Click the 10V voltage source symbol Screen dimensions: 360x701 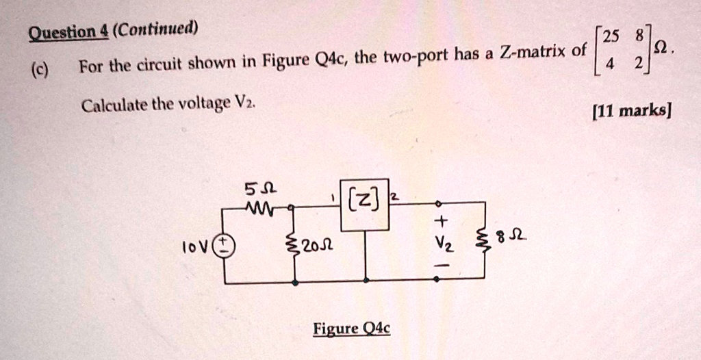225,246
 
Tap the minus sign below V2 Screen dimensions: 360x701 442,264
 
